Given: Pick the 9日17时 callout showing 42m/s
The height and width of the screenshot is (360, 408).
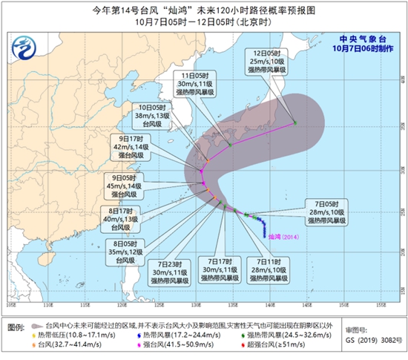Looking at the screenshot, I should (140, 146).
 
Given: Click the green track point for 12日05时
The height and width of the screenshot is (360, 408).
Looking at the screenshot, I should (295, 122).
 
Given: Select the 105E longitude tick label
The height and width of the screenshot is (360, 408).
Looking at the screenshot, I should (11, 304).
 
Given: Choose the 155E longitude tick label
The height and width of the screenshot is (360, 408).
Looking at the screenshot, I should (380, 304).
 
